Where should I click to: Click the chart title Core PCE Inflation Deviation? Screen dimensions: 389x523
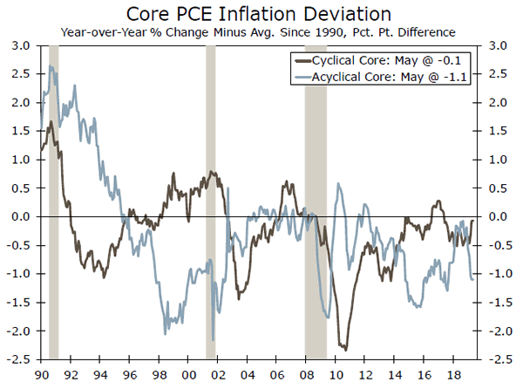coord(261,14)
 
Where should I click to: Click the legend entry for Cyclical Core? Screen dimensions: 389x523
coord(384,61)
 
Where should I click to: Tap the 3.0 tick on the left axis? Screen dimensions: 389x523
coord(19,45)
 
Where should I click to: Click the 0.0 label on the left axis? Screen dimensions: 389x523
coord(19,216)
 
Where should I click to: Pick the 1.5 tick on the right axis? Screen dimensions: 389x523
coord(500,131)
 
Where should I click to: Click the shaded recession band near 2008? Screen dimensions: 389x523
coord(316,201)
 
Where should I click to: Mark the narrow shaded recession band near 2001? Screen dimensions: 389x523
coord(210,201)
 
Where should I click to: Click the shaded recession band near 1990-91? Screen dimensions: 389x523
coord(53,201)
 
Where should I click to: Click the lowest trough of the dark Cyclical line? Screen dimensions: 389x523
coord(346,350)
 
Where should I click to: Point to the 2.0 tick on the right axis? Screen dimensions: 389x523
coord(500,103)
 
